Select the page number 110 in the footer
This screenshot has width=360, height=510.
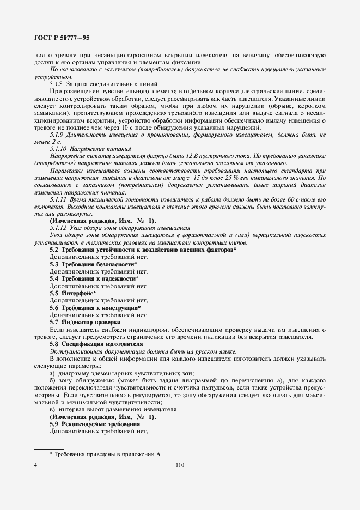tap(180, 465)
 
